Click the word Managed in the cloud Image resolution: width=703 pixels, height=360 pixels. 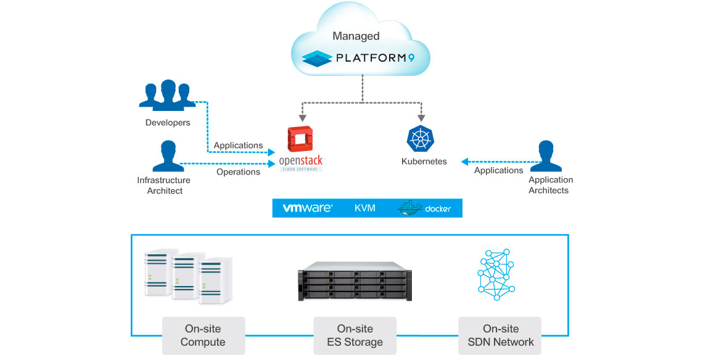pyautogui.click(x=356, y=36)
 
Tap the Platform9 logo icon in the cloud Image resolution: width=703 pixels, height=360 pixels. pyautogui.click(x=316, y=59)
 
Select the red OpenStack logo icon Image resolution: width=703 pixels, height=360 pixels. pyautogui.click(x=301, y=139)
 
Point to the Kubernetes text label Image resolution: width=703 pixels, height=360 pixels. pyautogui.click(x=424, y=162)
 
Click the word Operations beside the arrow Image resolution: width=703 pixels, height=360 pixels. pyautogui.click(x=238, y=172)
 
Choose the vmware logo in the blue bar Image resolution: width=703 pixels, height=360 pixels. pyautogui.click(x=307, y=208)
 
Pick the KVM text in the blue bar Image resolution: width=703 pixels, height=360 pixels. pyautogui.click(x=365, y=208)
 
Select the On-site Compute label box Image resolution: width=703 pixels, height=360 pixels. pyautogui.click(x=203, y=335)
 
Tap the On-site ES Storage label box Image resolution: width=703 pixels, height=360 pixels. pyautogui.click(x=355, y=335)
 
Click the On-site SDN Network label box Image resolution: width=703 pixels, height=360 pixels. pyautogui.click(x=499, y=335)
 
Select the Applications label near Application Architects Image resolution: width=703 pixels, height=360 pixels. pyautogui.click(x=498, y=170)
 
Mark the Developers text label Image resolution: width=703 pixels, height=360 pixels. pyautogui.click(x=168, y=123)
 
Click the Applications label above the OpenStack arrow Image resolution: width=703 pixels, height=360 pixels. pyautogui.click(x=238, y=145)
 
